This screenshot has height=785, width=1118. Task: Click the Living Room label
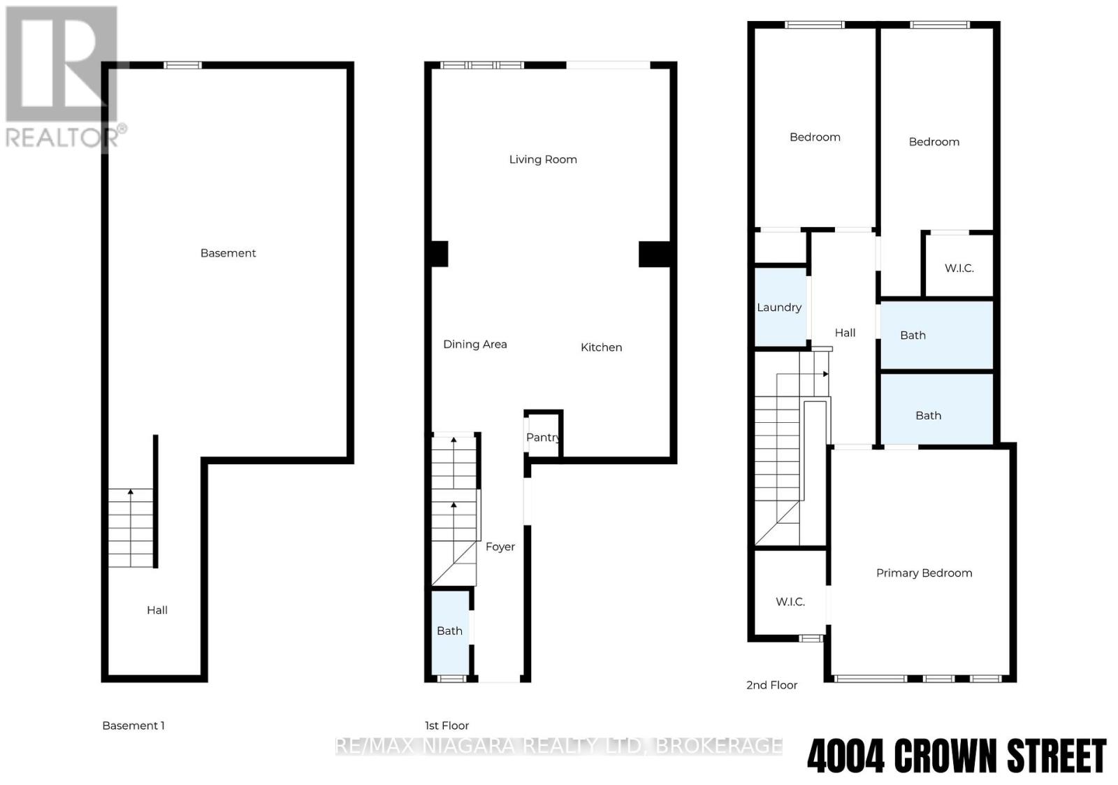coord(543,159)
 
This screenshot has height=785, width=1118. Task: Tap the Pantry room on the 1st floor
coord(543,437)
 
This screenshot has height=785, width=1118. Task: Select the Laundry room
coord(780,308)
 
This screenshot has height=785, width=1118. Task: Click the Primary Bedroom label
coord(924,573)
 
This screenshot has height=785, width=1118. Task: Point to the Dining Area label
coord(475,344)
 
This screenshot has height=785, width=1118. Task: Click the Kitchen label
coord(601,347)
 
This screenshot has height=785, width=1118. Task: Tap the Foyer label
coord(500,547)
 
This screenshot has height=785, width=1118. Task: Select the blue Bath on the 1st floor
coord(450,631)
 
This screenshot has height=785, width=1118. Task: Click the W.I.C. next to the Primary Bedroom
coord(790,601)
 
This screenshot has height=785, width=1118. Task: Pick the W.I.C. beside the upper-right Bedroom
coord(959,268)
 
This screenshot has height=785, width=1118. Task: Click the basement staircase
coord(131,528)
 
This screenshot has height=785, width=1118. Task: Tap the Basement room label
coord(228,253)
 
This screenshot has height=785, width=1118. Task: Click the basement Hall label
coord(157,610)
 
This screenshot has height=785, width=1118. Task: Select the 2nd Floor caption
coord(771,685)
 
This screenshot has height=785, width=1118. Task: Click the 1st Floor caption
coord(447,726)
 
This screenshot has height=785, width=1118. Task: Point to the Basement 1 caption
coord(133,726)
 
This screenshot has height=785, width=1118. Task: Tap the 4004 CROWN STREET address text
coord(957,756)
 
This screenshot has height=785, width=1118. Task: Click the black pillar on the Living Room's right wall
coord(655,254)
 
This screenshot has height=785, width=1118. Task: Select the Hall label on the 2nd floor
coord(845,333)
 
